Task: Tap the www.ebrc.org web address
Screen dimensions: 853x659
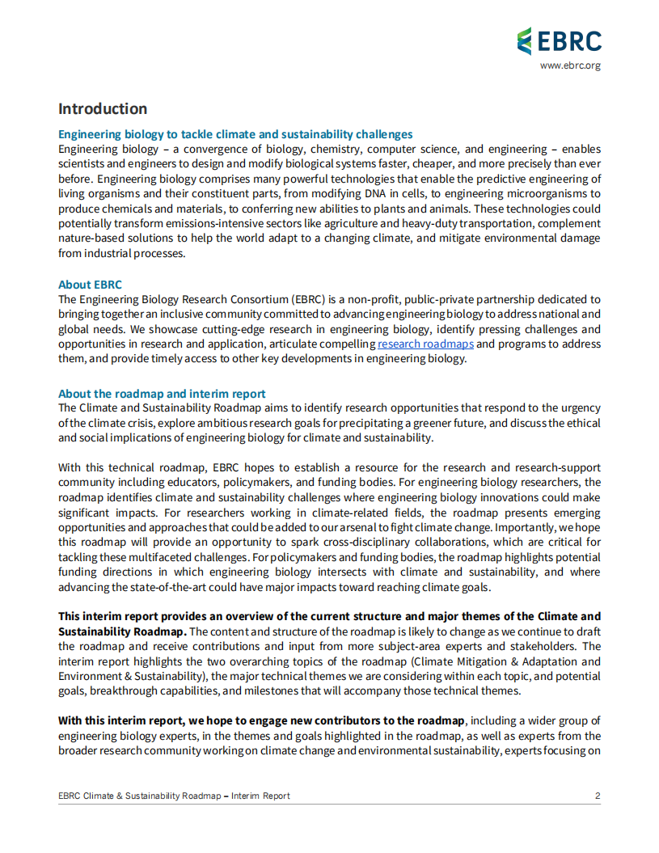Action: click(x=570, y=65)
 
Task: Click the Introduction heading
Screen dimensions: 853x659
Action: click(x=103, y=109)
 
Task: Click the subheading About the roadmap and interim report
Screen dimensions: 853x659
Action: click(x=162, y=395)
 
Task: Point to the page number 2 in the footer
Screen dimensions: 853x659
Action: click(x=598, y=796)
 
